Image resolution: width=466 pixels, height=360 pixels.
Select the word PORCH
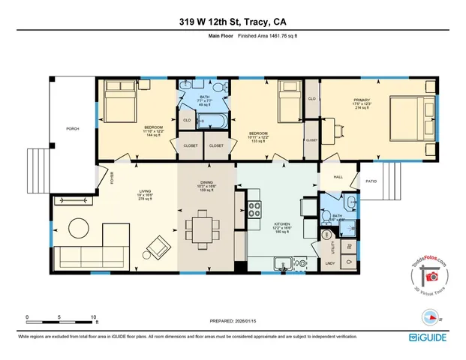click(x=72, y=128)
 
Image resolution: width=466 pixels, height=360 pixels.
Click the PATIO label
click(x=370, y=181)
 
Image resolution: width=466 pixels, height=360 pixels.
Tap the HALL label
click(x=337, y=177)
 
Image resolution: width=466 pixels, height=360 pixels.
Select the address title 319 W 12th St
click(x=206, y=21)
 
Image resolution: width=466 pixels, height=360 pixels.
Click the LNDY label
click(x=330, y=262)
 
